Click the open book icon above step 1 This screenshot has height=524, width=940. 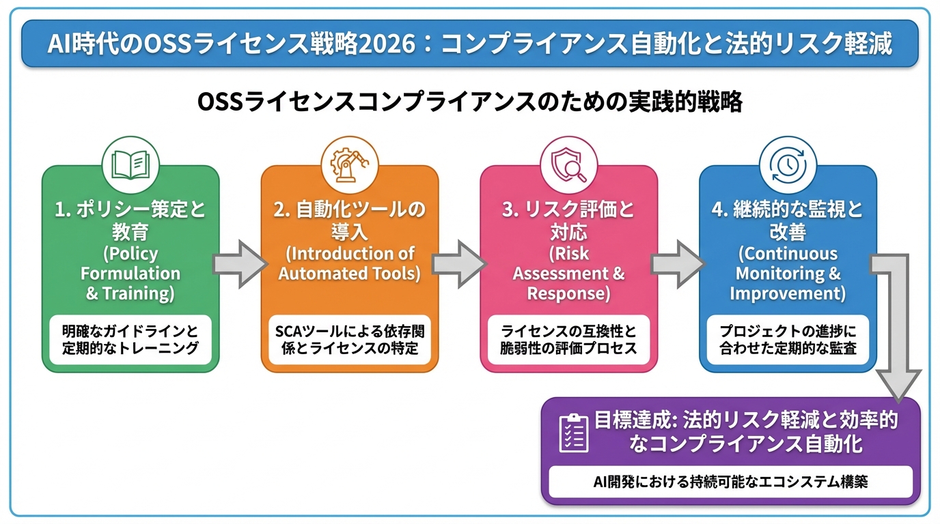(130, 164)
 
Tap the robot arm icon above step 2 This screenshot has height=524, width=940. (349, 164)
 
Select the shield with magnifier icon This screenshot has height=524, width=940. (568, 164)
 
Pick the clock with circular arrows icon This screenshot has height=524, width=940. (787, 164)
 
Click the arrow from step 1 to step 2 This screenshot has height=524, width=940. (240, 263)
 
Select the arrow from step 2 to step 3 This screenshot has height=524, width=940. (458, 263)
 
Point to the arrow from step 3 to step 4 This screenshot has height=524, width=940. (677, 263)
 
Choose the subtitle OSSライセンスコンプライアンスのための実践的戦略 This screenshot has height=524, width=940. (469, 103)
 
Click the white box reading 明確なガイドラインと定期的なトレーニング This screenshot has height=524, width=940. (130, 339)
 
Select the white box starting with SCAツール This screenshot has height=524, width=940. (349, 339)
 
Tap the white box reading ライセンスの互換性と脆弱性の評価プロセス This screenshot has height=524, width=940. (568, 339)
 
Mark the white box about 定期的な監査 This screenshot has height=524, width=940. (787, 339)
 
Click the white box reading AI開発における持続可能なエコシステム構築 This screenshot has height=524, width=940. (730, 482)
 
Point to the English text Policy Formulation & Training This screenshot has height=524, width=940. (130, 274)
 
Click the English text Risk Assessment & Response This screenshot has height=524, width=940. (568, 274)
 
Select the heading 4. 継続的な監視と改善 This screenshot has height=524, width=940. (787, 220)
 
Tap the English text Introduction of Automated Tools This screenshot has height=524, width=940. (349, 263)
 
